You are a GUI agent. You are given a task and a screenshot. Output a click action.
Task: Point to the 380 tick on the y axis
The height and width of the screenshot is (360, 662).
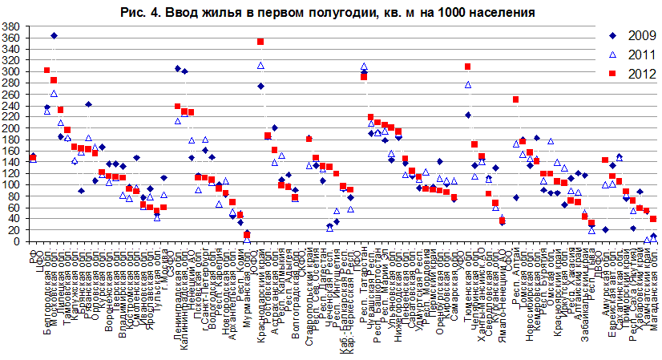tap(12, 26)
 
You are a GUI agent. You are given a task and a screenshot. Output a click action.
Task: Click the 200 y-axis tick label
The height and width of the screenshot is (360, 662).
tap(12, 128)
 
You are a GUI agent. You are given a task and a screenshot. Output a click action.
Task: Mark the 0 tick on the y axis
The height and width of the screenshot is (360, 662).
tap(17, 241)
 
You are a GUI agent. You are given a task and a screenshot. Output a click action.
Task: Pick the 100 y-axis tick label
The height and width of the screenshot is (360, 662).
tap(12, 185)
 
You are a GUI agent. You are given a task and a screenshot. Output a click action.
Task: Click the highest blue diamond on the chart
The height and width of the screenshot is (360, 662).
tap(54, 36)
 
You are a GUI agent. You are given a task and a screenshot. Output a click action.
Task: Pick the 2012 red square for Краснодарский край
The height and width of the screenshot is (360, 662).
tap(260, 42)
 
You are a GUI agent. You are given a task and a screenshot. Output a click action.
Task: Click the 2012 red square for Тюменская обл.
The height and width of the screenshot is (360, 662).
tap(468, 67)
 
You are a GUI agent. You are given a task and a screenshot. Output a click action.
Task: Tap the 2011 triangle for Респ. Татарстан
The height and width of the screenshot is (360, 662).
tap(364, 67)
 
